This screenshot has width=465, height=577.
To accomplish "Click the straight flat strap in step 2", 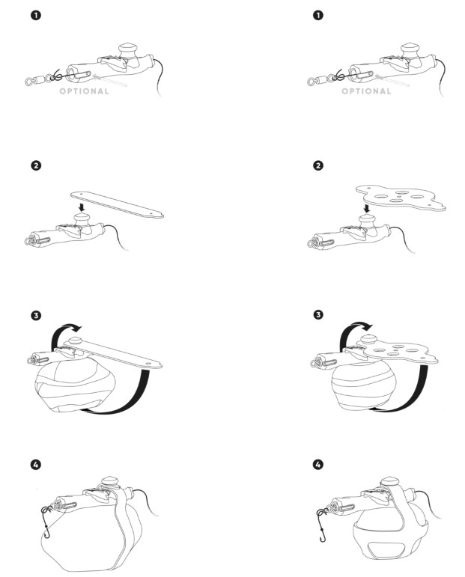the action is (x=117, y=204).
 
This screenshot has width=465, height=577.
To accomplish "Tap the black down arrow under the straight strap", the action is (x=82, y=207).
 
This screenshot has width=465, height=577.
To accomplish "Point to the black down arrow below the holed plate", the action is (x=366, y=209).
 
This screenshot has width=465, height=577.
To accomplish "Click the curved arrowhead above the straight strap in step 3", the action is (x=76, y=328).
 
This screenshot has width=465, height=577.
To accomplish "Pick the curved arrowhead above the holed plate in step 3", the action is (x=367, y=326).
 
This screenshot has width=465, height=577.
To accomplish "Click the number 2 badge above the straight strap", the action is (x=36, y=165).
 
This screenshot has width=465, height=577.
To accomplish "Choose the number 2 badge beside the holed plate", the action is (x=318, y=165).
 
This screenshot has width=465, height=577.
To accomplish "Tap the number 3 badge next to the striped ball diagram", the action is (x=318, y=314).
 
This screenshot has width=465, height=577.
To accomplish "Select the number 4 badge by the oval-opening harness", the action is (x=318, y=465).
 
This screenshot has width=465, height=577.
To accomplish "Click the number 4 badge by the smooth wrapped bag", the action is (x=36, y=465).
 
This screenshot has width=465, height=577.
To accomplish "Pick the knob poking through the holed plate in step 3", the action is (x=367, y=339).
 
